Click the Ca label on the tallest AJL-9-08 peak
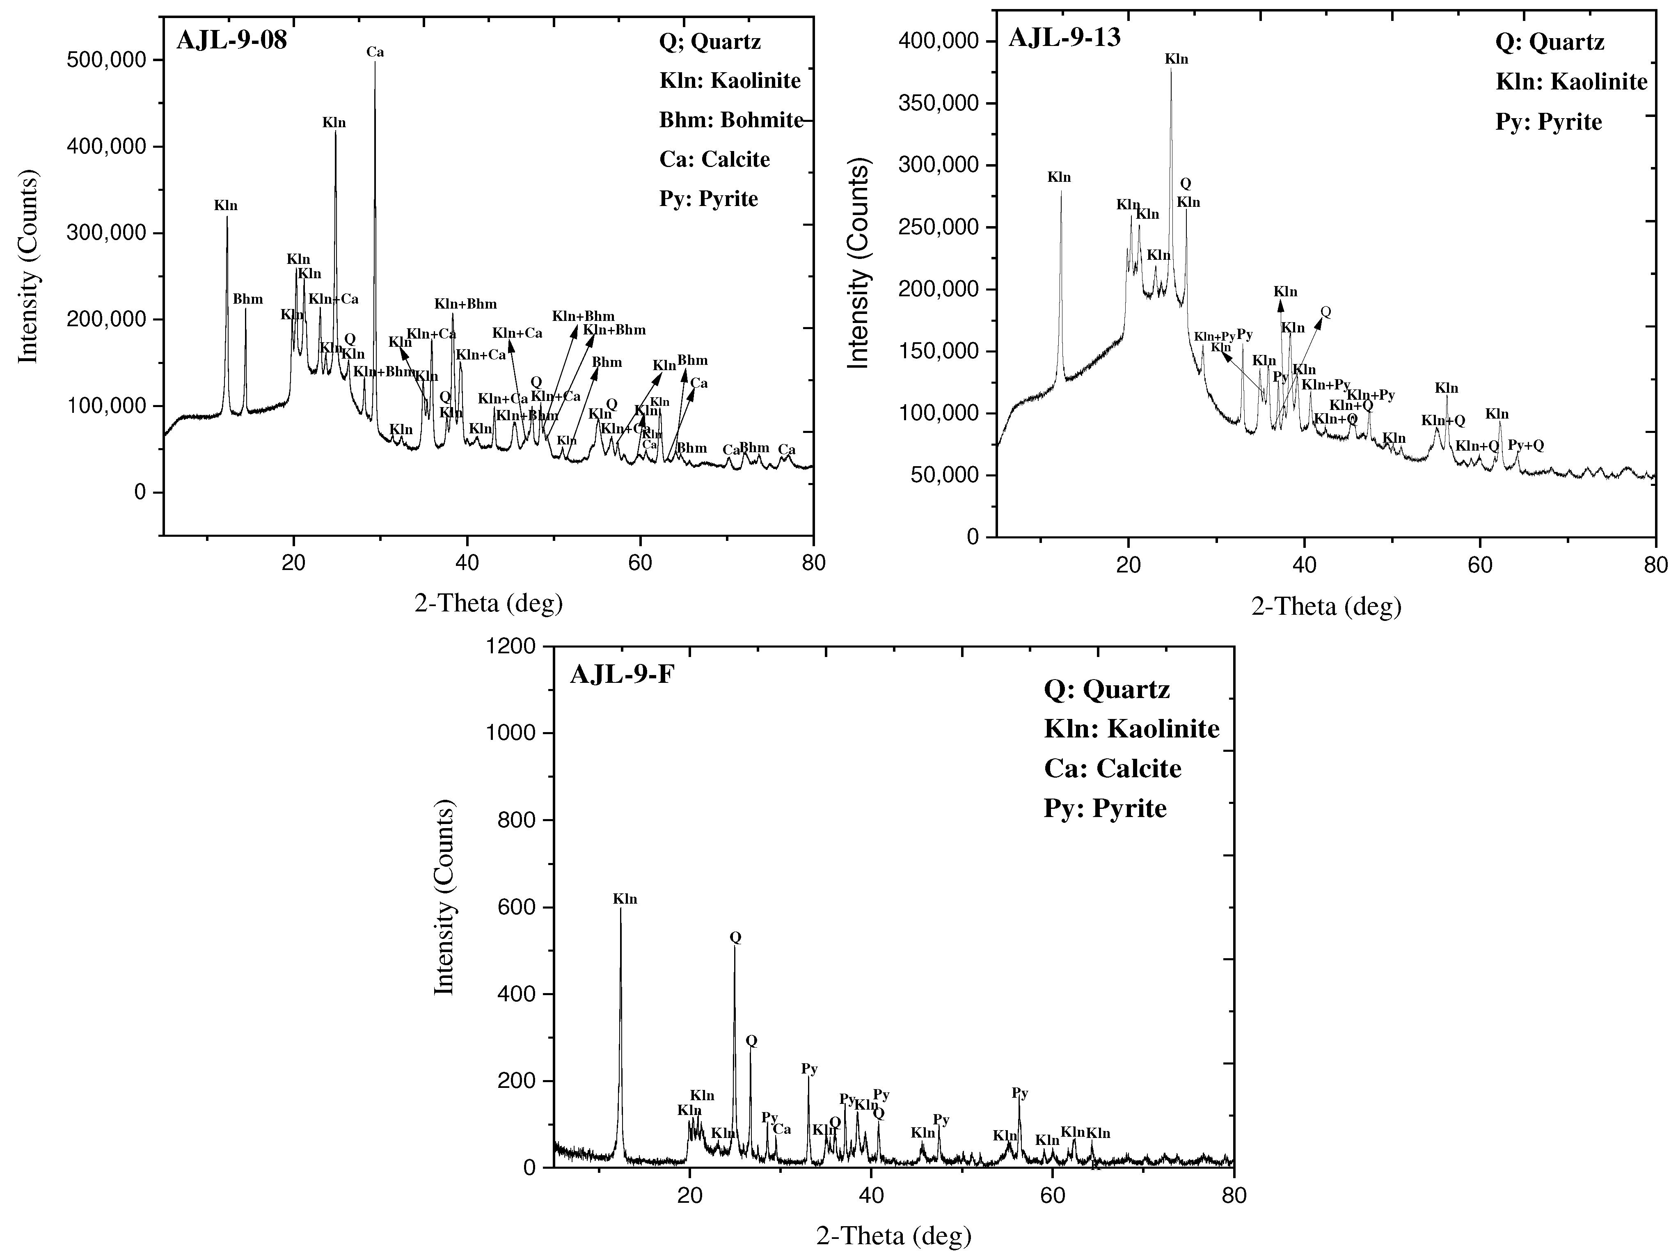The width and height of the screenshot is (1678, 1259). tap(375, 53)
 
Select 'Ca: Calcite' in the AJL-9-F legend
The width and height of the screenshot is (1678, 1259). tap(1112, 768)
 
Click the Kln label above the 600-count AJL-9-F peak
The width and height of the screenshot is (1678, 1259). tap(625, 900)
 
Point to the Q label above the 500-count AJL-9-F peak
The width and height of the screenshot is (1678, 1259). tap(735, 937)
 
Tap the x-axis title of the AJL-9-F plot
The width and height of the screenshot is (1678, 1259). tap(894, 1236)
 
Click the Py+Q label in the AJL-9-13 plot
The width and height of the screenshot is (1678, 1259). tap(1525, 445)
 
